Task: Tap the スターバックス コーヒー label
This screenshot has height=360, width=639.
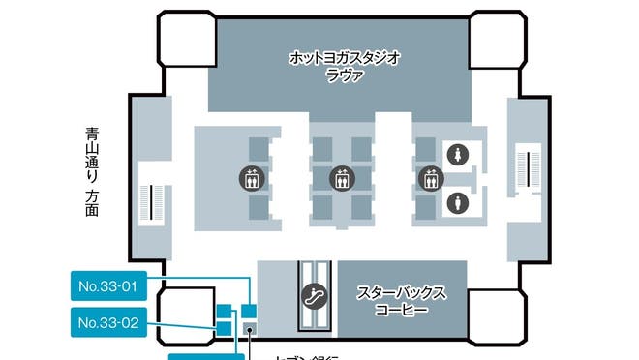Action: [402, 300]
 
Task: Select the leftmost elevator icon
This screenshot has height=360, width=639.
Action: [251, 178]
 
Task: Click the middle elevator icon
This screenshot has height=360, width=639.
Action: [340, 178]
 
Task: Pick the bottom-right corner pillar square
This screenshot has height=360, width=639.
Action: [498, 319]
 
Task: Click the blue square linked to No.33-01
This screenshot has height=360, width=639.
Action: [249, 311]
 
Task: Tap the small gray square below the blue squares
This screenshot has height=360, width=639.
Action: [250, 330]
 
